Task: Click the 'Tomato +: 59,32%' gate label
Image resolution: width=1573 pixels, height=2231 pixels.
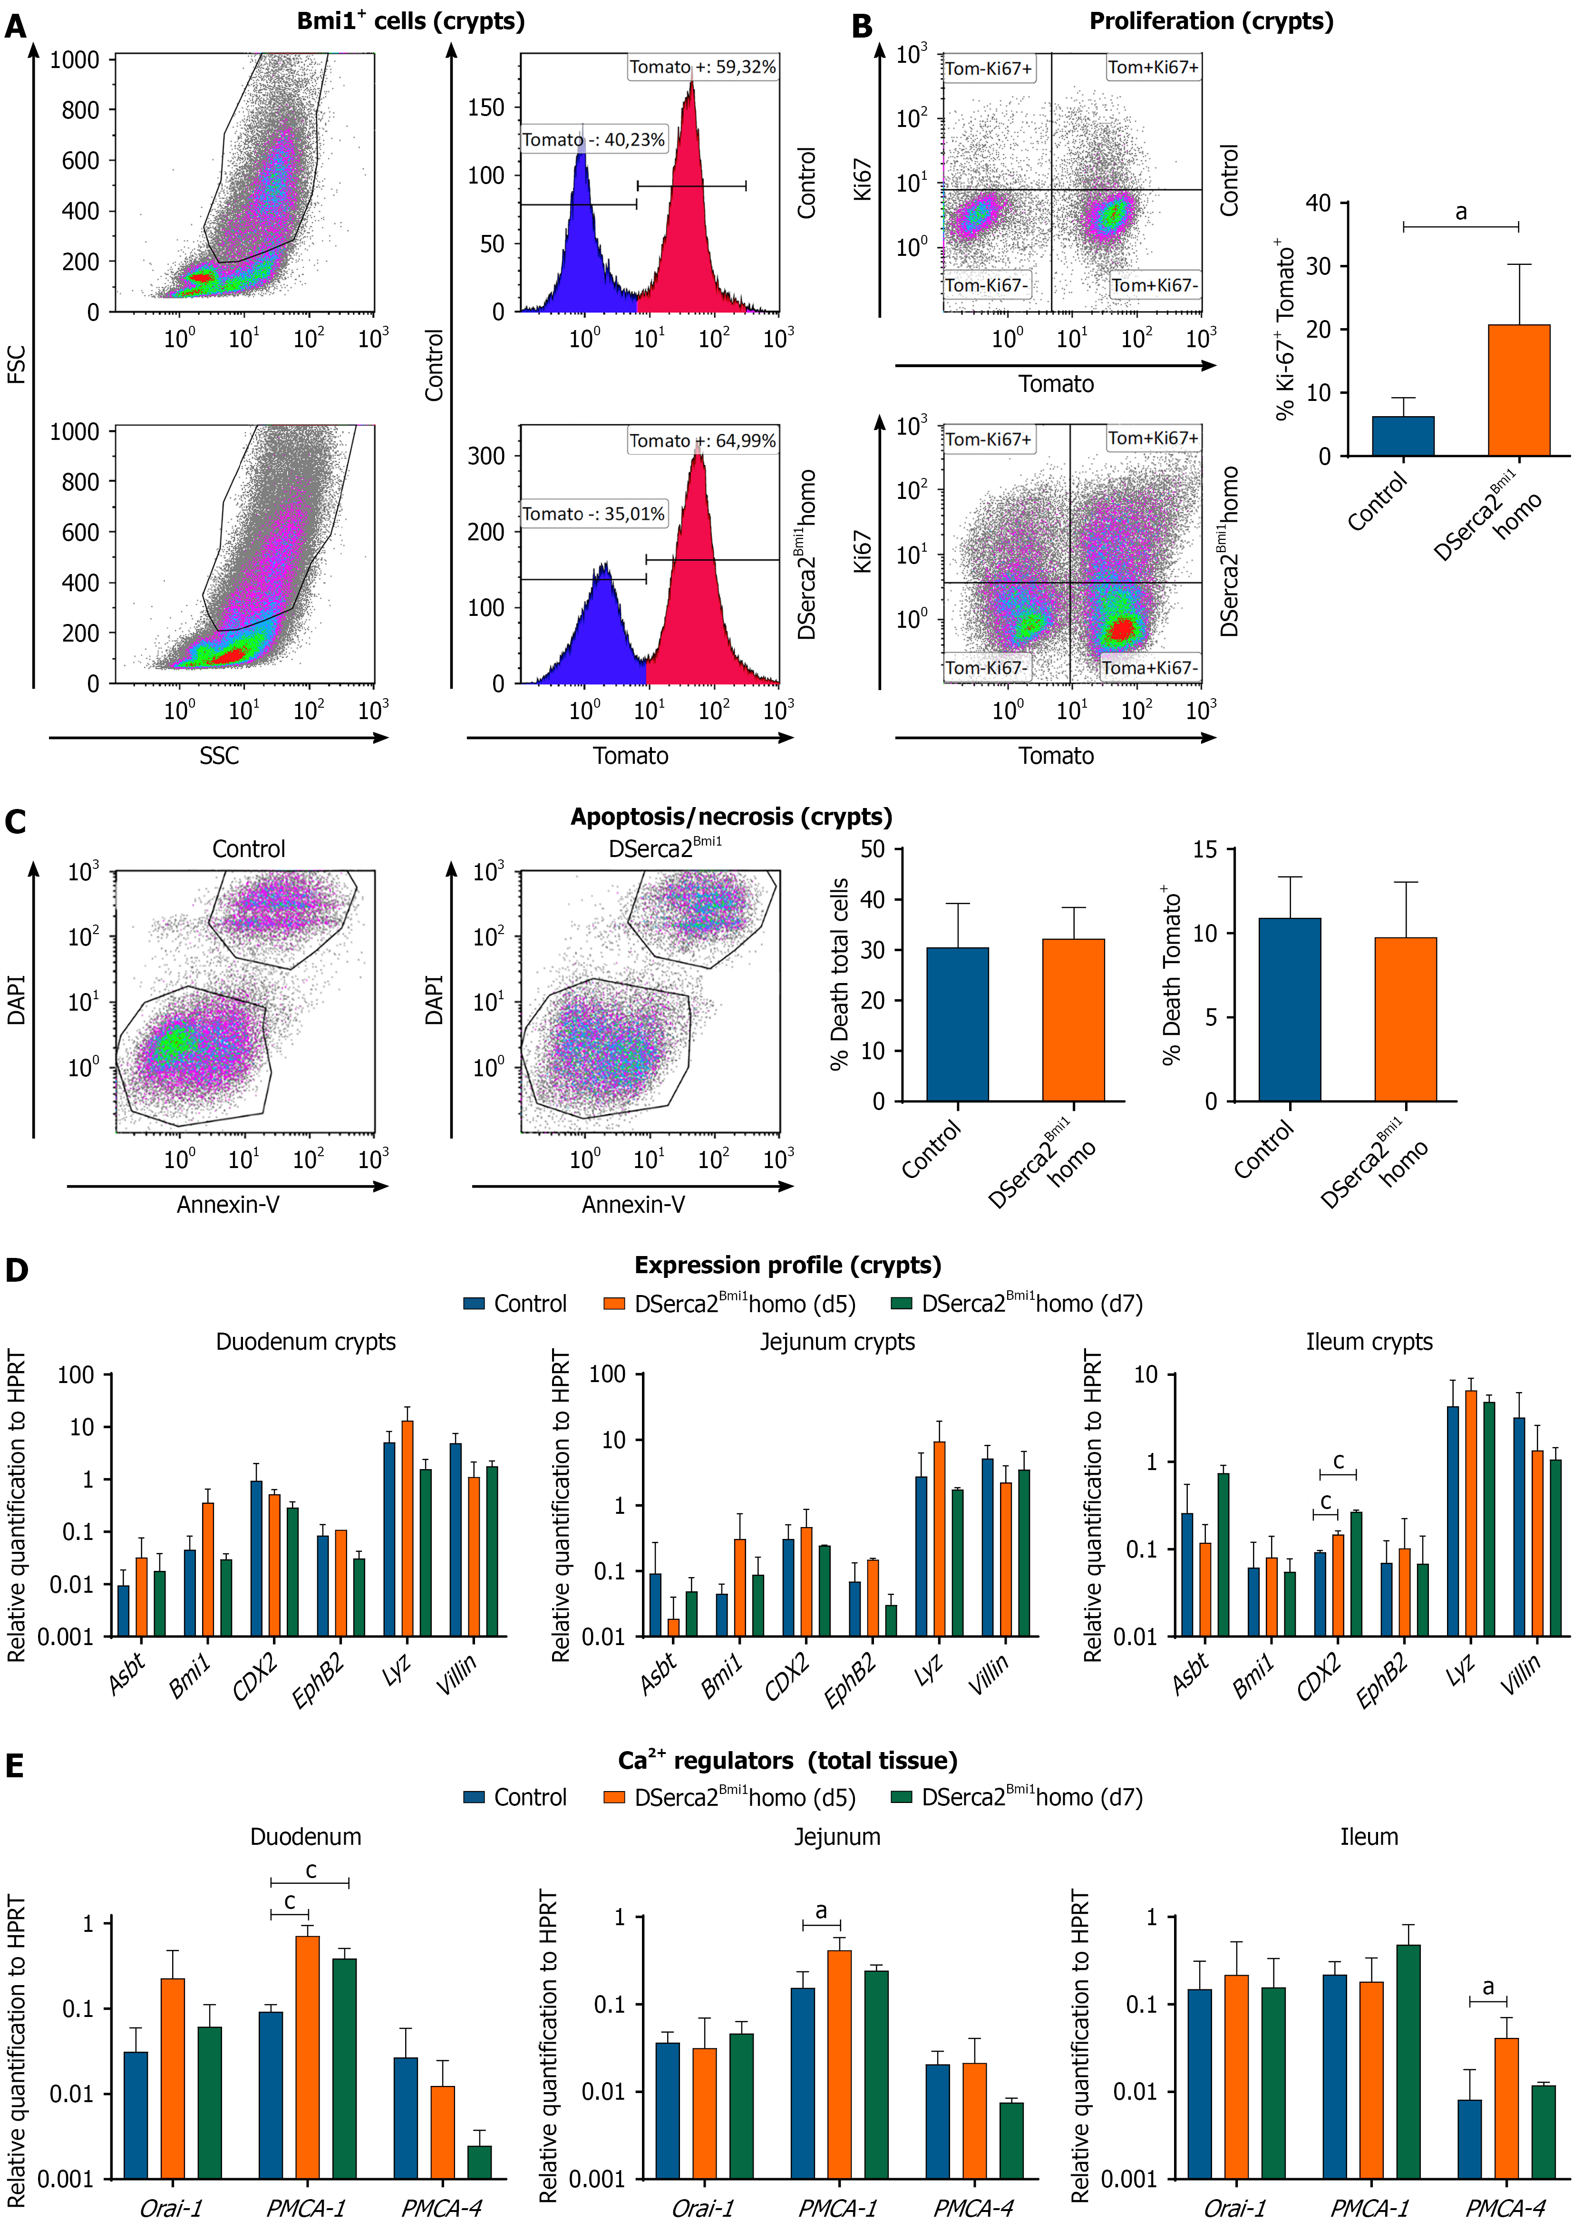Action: point(702,67)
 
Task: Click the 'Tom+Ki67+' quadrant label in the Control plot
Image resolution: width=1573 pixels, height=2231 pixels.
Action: point(1153,67)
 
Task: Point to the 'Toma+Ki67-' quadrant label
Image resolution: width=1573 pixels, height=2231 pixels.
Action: point(1149,668)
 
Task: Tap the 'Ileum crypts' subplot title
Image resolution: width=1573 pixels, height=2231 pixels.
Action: point(1369,1342)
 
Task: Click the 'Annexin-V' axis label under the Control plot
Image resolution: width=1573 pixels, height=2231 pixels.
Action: point(227,1205)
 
